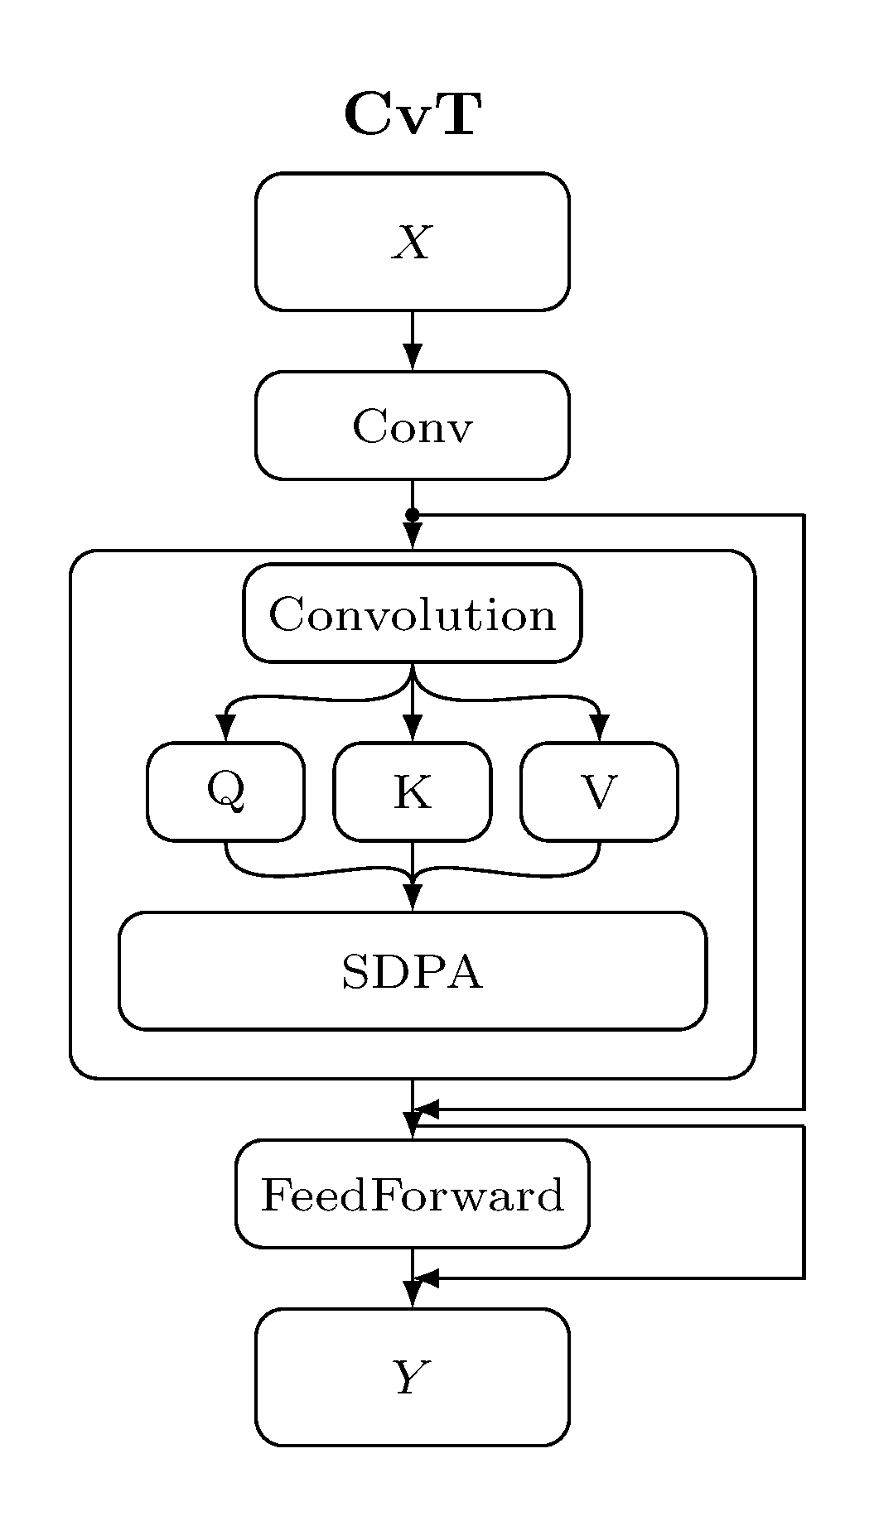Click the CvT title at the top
(x=412, y=114)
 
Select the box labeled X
(x=412, y=242)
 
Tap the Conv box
(x=412, y=426)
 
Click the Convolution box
(x=412, y=614)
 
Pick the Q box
(x=225, y=792)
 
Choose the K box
(x=412, y=792)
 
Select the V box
(x=599, y=792)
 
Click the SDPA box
(x=412, y=971)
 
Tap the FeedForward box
(x=412, y=1194)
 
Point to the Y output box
(x=412, y=1378)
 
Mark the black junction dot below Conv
(x=412, y=515)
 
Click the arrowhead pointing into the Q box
(x=225, y=729)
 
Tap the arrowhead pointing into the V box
(x=600, y=729)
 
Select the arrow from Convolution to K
(x=412, y=704)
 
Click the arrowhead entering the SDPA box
(x=412, y=899)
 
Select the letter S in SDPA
(x=355, y=972)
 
